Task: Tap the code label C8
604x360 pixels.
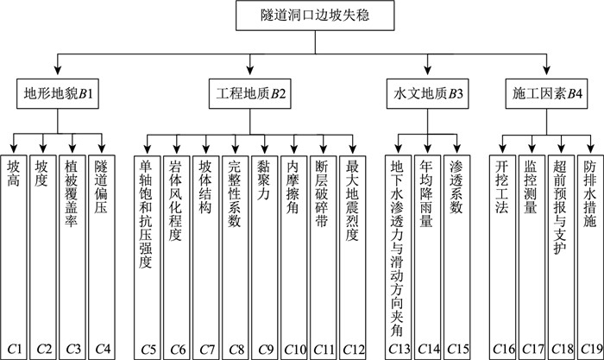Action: (x=235, y=349)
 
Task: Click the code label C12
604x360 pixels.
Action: (x=351, y=349)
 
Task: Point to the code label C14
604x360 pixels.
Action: (x=428, y=349)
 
